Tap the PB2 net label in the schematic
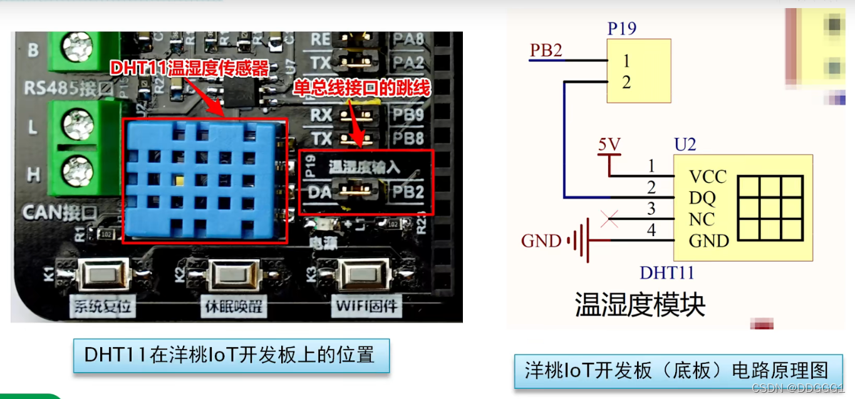click(546, 50)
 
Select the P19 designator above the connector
click(622, 28)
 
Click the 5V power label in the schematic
click(609, 145)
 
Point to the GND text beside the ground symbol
click(541, 241)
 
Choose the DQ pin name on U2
click(702, 198)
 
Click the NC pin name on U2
click(702, 219)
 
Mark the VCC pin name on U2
click(707, 177)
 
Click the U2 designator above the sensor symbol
click(685, 145)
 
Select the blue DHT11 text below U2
click(667, 272)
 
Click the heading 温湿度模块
click(640, 305)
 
